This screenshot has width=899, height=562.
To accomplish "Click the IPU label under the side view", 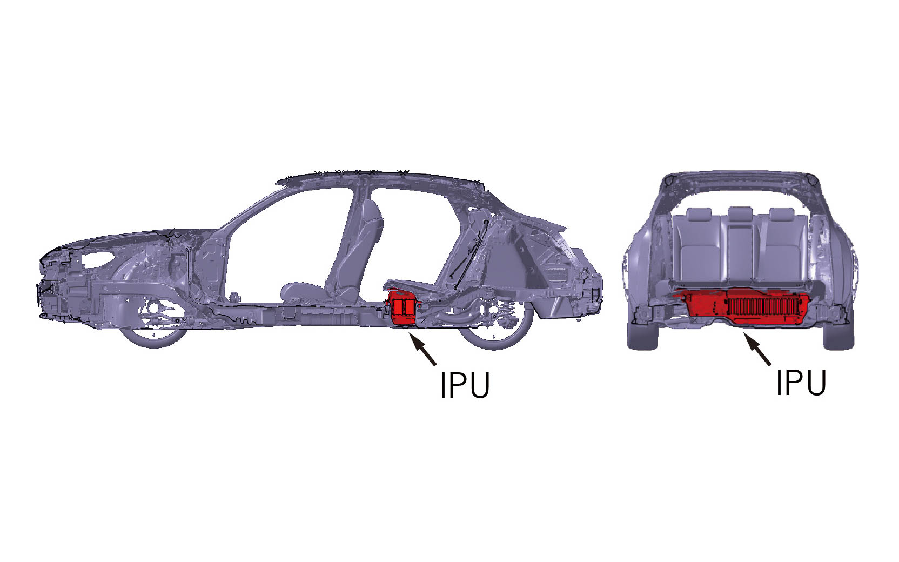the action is click(x=465, y=385).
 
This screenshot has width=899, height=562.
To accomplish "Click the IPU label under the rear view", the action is click(x=801, y=382).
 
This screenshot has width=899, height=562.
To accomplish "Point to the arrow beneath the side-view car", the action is click(x=422, y=349).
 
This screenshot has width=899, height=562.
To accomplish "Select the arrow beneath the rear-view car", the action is click(x=757, y=349).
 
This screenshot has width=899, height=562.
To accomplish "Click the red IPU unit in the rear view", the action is click(x=741, y=307).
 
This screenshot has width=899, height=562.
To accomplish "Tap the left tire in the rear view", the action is click(x=642, y=335).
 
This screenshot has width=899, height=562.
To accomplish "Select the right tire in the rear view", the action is click(x=838, y=335).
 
